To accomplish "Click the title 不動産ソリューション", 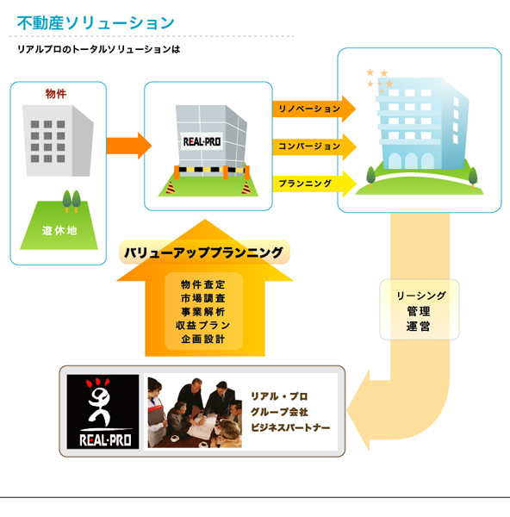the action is tap(96, 23).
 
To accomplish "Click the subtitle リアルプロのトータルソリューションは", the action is tap(98, 49).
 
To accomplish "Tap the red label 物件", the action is tap(56, 94).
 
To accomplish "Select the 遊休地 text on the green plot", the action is tap(59, 230).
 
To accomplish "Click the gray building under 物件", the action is tap(58, 140).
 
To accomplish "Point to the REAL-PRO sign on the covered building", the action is tap(202, 141).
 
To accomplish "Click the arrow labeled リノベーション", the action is tap(314, 109).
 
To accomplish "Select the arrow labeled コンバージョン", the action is tap(314, 146).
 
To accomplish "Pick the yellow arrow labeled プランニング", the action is tap(314, 184).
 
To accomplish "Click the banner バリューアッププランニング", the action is tap(204, 252).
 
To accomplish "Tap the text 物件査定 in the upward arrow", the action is tap(203, 284).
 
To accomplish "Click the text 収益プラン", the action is tap(203, 325).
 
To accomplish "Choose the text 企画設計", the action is tap(203, 339).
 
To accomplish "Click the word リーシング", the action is tap(421, 296).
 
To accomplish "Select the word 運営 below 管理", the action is tap(419, 327).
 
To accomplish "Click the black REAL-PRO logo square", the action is tap(103, 412).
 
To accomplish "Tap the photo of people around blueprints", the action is tap(195, 413).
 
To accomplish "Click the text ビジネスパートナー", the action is tap(290, 427).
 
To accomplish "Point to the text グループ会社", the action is tap(280, 412).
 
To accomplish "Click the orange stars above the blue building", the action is tap(379, 80).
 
